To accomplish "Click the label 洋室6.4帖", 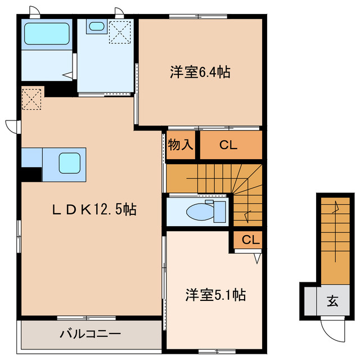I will point(200,73).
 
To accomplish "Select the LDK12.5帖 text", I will point(95,209).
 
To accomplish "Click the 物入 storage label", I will point(181,145).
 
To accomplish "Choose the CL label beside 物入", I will point(228,145).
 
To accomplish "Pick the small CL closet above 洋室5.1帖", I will point(251,240).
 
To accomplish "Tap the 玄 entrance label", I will point(332,301).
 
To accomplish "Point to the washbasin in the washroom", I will point(97,26).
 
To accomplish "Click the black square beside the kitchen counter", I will point(31,174).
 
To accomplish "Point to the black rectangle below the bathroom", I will point(59,88).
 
